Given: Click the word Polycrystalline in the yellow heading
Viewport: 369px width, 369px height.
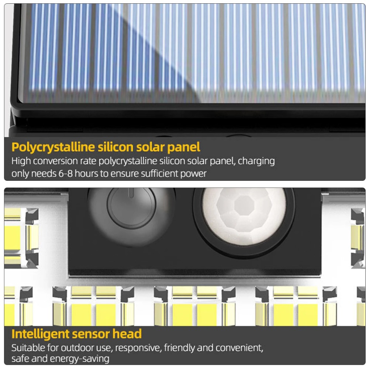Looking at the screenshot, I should [53, 147].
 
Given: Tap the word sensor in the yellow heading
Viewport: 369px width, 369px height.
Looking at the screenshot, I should [97, 334].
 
